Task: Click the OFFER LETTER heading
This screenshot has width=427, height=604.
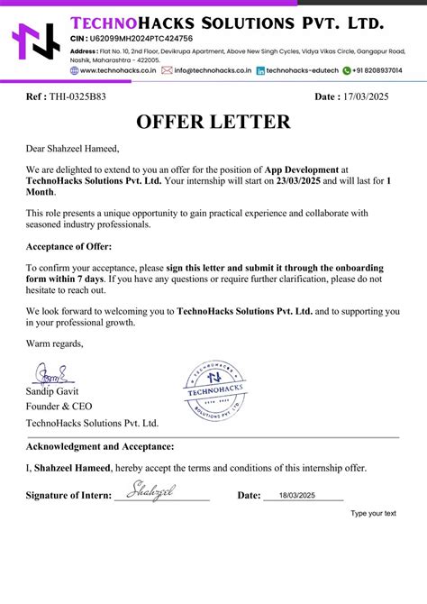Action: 213,123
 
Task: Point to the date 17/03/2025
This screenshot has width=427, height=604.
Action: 370,96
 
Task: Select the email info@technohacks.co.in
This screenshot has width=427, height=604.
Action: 213,69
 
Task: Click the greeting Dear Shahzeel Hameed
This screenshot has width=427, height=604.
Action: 72,149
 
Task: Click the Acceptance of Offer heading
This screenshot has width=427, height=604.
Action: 68,246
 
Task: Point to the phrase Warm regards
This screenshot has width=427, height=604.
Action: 54,343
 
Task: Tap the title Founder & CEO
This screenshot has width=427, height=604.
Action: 59,407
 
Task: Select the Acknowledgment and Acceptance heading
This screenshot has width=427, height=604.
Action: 100,446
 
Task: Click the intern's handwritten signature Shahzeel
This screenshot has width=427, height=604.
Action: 150,490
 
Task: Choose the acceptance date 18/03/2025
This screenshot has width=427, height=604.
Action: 297,495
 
